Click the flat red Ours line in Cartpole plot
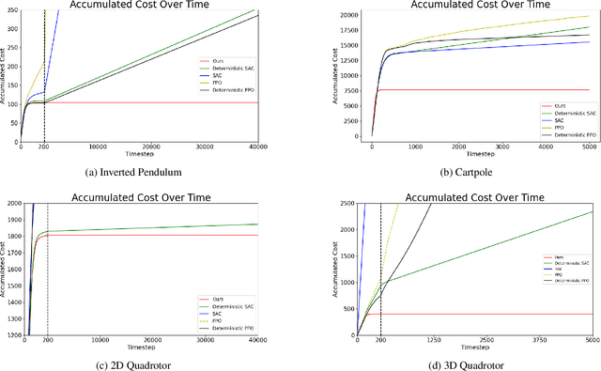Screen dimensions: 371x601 (x=470, y=90)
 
